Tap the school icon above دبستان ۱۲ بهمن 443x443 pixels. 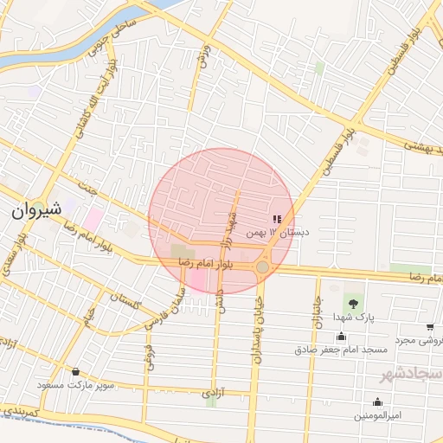coord(277,220)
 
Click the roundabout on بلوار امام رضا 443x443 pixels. coord(262,266)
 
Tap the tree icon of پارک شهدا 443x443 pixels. coord(353,303)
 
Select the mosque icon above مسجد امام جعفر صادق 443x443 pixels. coord(343,337)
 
